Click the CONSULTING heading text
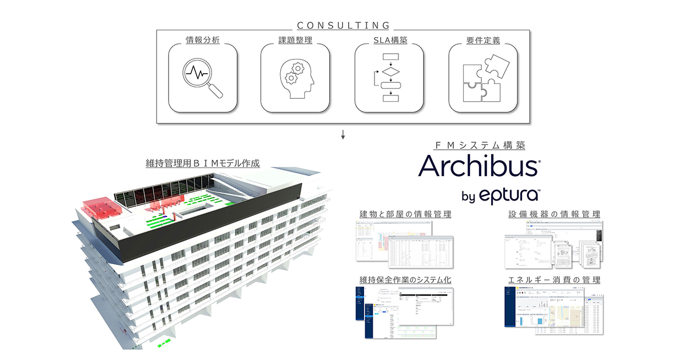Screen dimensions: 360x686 pyautogui.click(x=343, y=25)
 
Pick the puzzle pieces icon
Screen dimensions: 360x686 pyautogui.click(x=482, y=78)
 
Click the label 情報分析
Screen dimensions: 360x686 pyautogui.click(x=203, y=41)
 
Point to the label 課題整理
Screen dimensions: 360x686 pyautogui.click(x=296, y=41)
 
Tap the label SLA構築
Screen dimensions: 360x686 pyautogui.click(x=389, y=41)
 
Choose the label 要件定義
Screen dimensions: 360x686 pyautogui.click(x=482, y=41)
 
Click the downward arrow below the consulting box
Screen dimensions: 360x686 pyautogui.click(x=343, y=135)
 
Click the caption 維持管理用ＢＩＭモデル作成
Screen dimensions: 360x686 pyautogui.click(x=203, y=163)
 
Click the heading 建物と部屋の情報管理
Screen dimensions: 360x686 pyautogui.click(x=404, y=214)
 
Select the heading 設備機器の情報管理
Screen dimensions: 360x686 pyautogui.click(x=554, y=214)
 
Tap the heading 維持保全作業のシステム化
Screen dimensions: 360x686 pyautogui.click(x=404, y=280)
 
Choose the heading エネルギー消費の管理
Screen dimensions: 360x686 pyautogui.click(x=554, y=280)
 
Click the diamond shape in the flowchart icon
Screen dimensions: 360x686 pyautogui.click(x=390, y=73)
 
